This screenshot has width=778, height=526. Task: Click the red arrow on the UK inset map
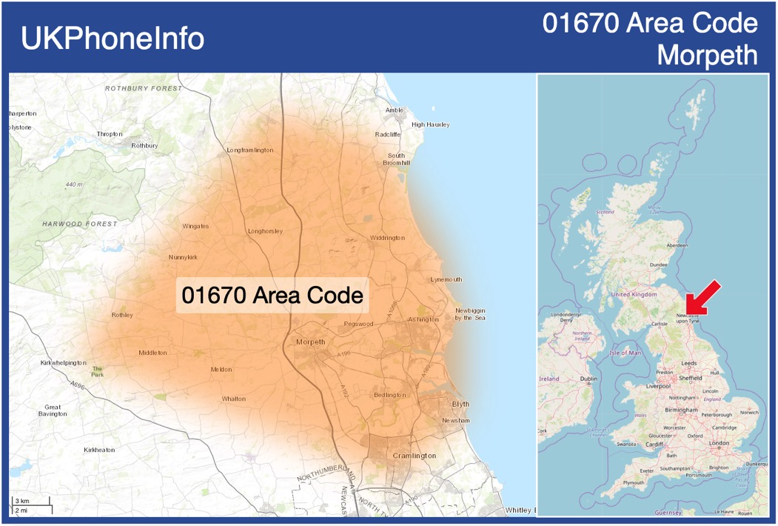tap(702, 297)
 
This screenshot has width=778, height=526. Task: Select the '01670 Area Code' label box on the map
tap(272, 296)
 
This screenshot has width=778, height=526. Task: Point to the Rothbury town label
tap(144, 146)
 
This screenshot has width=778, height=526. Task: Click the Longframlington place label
tap(249, 150)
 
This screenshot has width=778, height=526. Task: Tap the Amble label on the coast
tap(395, 110)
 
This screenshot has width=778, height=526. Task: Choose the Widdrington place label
tap(387, 238)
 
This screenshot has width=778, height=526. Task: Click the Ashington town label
tap(423, 319)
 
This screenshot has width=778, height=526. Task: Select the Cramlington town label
tap(414, 456)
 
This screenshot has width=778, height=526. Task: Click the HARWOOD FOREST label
tap(79, 224)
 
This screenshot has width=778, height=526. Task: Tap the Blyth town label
tap(460, 404)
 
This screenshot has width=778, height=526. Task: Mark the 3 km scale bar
tap(30, 502)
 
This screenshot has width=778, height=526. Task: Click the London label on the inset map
tap(719, 443)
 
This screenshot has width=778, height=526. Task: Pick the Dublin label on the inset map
tap(588, 379)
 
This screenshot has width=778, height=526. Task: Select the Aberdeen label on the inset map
tap(677, 245)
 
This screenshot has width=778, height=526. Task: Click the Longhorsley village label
tap(265, 231)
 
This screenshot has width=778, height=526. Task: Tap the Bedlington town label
tap(389, 395)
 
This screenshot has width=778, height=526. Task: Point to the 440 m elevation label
tap(74, 184)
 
